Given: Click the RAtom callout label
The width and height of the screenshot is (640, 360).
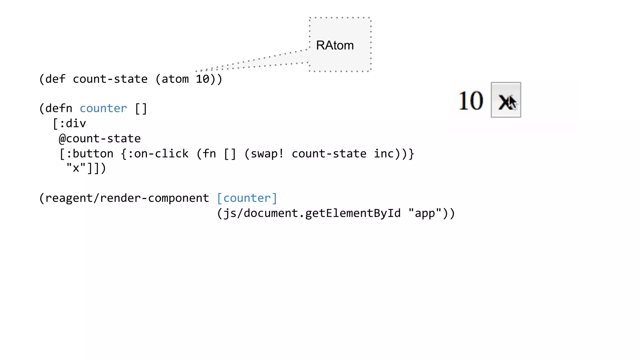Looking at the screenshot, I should (335, 45).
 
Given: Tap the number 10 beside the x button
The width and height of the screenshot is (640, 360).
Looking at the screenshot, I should (471, 101).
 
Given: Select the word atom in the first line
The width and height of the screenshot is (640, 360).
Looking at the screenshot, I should (175, 79).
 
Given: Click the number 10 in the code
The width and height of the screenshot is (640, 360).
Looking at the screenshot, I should (202, 79).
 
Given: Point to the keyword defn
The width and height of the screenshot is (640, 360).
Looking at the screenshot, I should (59, 108).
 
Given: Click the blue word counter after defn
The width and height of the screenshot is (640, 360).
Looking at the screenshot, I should (103, 108).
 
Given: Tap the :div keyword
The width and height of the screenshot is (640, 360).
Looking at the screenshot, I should (72, 123).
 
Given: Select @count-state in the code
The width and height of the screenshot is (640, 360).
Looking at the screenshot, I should (100, 138).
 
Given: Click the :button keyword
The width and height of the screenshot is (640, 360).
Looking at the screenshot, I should (90, 153).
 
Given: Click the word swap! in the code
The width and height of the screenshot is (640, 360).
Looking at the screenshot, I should (267, 153).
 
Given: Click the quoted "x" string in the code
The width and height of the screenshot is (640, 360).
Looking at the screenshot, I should (76, 168).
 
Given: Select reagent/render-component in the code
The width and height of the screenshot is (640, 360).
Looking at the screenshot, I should (127, 198).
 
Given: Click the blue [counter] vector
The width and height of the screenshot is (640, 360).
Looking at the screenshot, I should (247, 198).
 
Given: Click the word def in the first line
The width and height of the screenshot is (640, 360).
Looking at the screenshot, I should (55, 79).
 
